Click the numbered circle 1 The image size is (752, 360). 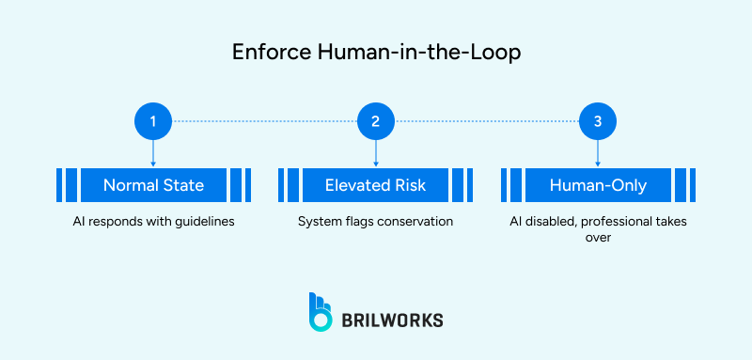pyautogui.click(x=152, y=121)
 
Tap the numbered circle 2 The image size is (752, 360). pyautogui.click(x=375, y=121)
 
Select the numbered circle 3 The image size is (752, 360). pyautogui.click(x=598, y=121)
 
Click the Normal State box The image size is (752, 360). pyautogui.click(x=153, y=185)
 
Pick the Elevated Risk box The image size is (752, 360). pyautogui.click(x=375, y=185)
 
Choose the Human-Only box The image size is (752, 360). pyautogui.click(x=598, y=185)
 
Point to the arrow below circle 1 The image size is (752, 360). pyautogui.click(x=152, y=153)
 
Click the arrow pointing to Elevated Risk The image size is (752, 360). pyautogui.click(x=375, y=153)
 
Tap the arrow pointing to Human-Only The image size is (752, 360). pyautogui.click(x=598, y=153)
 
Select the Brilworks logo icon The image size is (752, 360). pyautogui.click(x=321, y=311)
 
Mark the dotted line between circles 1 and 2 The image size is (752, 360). pyautogui.click(x=263, y=121)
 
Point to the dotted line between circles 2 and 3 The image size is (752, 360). pyautogui.click(x=486, y=121)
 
